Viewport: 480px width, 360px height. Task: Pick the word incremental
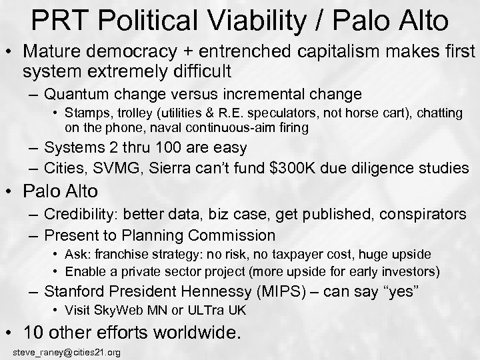coord(270,93)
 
